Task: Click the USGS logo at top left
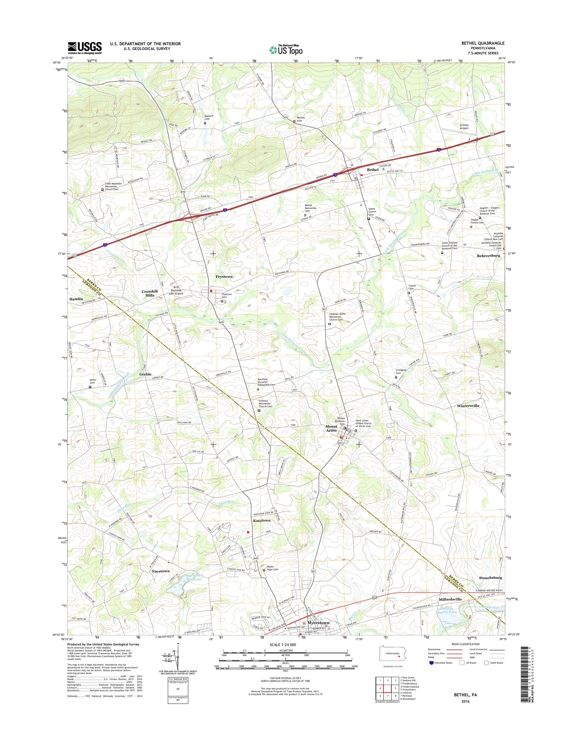(85, 48)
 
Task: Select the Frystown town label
(224, 277)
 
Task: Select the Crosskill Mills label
(149, 293)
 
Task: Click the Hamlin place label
(76, 299)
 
